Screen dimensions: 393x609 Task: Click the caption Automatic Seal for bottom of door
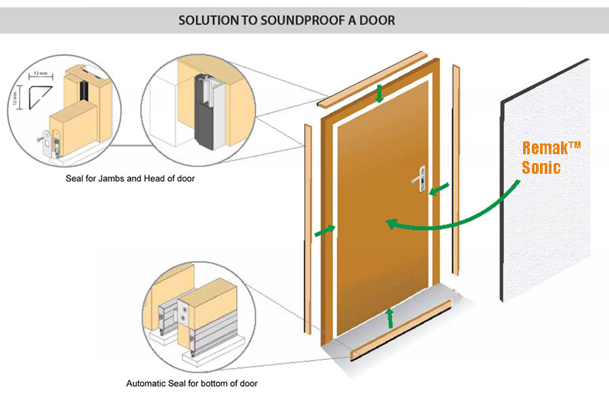[x=191, y=384]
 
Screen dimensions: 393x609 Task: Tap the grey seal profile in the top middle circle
[x=202, y=115]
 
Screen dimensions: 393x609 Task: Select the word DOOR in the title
[x=378, y=20]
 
